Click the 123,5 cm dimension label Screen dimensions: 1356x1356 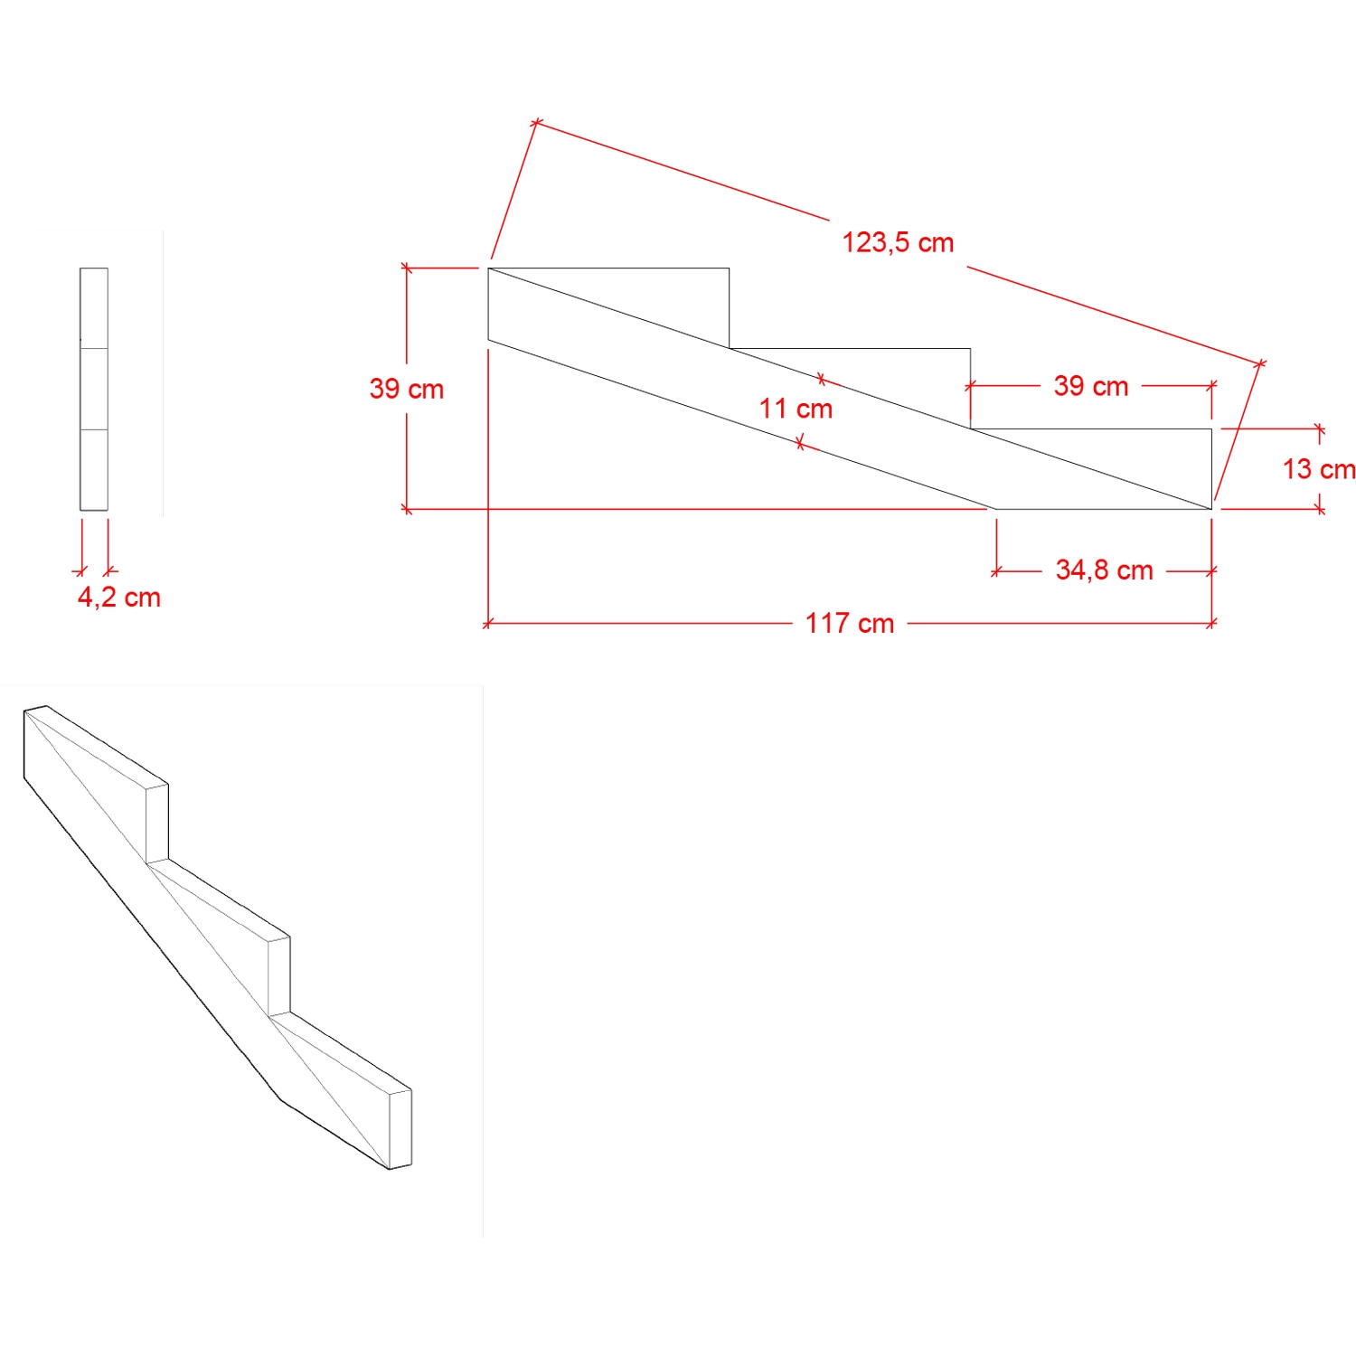[x=898, y=242]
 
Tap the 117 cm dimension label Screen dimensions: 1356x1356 [x=850, y=623]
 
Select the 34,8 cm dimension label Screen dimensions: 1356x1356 [x=1104, y=570]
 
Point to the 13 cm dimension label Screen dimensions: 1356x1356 [x=1319, y=469]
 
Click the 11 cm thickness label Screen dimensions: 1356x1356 [x=796, y=409]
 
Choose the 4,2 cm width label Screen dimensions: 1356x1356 [x=119, y=598]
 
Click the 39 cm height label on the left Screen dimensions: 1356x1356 [x=407, y=389]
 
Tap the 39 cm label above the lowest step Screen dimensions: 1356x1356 [x=1091, y=386]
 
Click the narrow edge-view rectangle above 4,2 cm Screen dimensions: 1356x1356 [x=94, y=389]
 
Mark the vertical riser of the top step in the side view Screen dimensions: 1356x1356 [x=730, y=307]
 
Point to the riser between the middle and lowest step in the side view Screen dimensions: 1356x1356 [x=971, y=389]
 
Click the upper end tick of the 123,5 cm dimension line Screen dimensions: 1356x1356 [x=536, y=120]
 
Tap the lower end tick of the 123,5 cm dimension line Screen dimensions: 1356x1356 [x=1261, y=363]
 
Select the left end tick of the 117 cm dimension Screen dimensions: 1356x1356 [x=488, y=623]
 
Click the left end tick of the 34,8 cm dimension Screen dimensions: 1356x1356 [x=996, y=571]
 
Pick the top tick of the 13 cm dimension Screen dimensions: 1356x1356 [x=1321, y=428]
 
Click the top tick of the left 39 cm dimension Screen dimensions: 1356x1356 [x=407, y=268]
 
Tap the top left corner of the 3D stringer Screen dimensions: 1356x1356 [x=25, y=711]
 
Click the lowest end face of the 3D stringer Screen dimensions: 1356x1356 [x=400, y=1129]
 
